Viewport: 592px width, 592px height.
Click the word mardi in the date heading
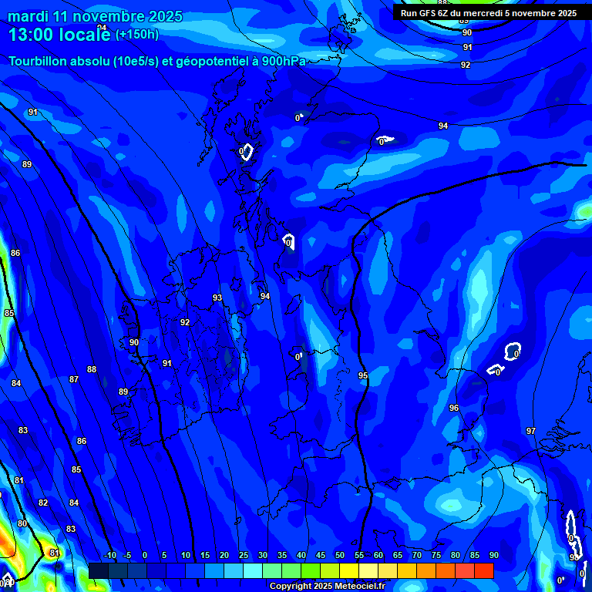[28, 16]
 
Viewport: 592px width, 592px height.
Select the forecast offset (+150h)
[137, 35]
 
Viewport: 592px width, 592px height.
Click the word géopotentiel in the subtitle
[213, 61]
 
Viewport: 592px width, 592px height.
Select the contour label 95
[363, 376]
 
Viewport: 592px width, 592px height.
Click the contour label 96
[454, 409]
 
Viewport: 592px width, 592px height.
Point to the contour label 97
[531, 431]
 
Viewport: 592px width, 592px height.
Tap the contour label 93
[217, 298]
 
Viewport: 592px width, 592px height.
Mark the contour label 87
[74, 380]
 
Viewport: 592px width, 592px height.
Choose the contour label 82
[43, 503]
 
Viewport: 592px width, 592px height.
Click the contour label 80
[22, 524]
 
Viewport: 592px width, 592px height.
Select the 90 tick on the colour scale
[493, 556]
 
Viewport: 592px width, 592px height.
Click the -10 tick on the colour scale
[110, 556]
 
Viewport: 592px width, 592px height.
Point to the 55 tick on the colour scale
[359, 556]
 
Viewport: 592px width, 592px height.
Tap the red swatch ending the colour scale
[484, 570]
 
